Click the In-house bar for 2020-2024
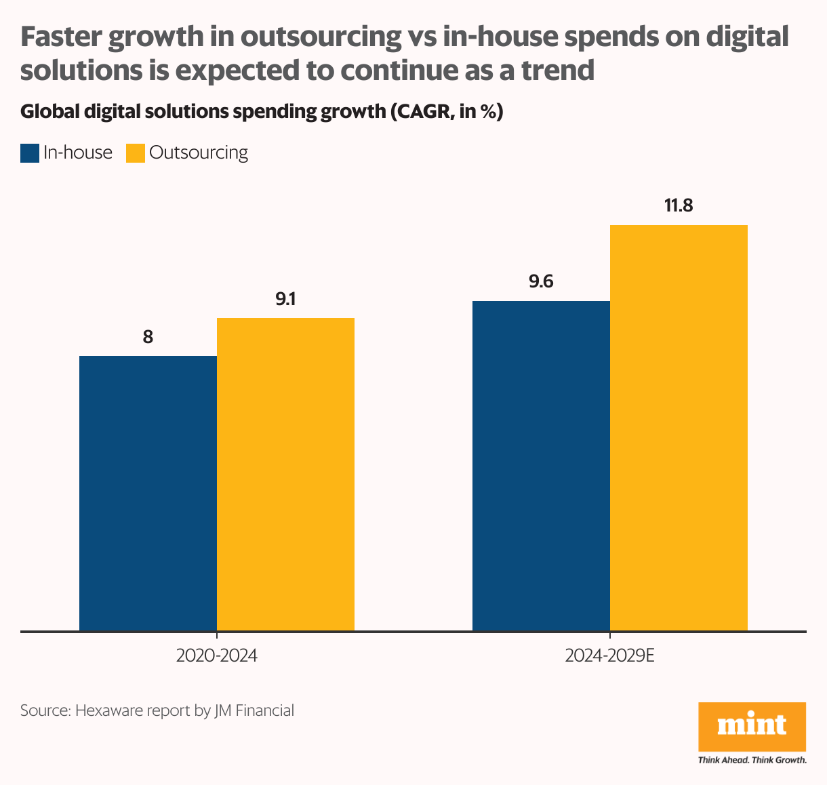click(x=148, y=493)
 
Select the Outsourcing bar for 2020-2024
click(x=285, y=474)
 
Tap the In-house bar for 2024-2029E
click(x=541, y=466)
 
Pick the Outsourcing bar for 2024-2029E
click(x=679, y=428)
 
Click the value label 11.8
click(x=679, y=205)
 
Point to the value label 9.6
click(x=541, y=281)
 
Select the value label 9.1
click(x=285, y=299)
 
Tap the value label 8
click(x=148, y=337)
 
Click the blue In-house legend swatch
click(x=30, y=153)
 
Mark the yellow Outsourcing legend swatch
click(x=136, y=153)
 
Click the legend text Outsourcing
click(x=199, y=153)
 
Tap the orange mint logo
click(x=752, y=726)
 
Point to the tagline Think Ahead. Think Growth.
click(x=752, y=760)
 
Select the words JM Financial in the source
click(x=254, y=710)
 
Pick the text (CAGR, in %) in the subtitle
click(x=446, y=112)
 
